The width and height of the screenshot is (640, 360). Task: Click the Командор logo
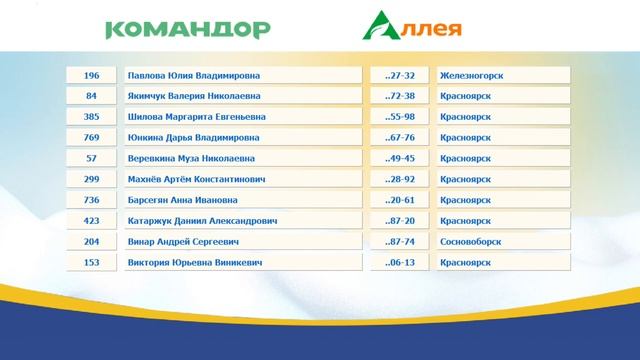click(187, 28)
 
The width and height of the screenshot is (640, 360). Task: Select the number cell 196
click(92, 76)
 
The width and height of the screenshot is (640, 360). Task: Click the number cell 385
click(92, 117)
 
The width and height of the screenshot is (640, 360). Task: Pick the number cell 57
click(92, 159)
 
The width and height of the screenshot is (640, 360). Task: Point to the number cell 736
click(92, 200)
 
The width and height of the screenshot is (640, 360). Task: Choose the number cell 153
click(92, 263)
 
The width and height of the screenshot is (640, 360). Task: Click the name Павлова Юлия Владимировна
click(242, 76)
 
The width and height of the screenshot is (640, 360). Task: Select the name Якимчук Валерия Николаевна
click(242, 96)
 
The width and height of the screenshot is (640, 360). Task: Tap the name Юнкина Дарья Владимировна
click(242, 138)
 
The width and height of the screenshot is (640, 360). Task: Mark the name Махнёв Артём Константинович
click(242, 180)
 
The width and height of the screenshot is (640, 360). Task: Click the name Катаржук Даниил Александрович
click(242, 221)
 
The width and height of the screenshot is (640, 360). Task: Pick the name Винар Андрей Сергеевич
click(242, 242)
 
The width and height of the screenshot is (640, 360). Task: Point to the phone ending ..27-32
click(400, 76)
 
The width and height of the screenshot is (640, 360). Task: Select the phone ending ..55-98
click(400, 117)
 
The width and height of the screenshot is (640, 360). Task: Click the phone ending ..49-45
click(400, 159)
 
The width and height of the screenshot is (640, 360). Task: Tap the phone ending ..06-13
click(400, 263)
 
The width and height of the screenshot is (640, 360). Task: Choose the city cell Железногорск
click(503, 76)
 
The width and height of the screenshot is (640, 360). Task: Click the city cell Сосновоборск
click(503, 242)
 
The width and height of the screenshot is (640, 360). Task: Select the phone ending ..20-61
click(400, 200)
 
